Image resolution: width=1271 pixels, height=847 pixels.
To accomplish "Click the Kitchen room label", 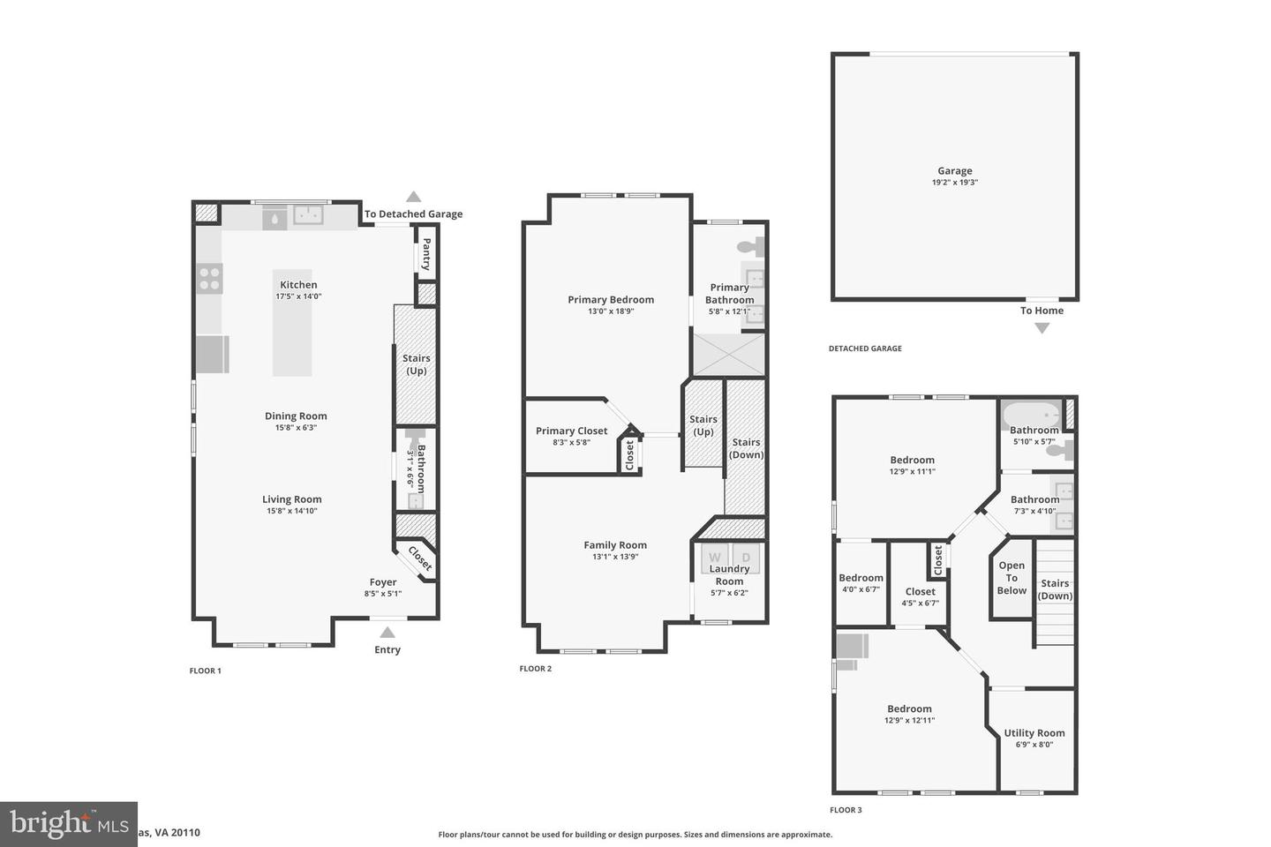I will (298, 285).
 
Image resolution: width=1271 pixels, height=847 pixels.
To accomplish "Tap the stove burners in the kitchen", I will (209, 279).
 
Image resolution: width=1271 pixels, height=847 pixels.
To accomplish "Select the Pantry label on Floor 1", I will (425, 254).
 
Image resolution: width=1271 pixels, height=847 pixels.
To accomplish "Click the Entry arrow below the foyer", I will (387, 632).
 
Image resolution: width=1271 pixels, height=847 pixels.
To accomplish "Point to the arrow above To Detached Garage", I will (413, 197).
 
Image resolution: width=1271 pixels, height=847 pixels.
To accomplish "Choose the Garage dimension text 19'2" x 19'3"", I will (954, 183).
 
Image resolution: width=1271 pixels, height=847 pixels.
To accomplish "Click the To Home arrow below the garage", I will (1042, 328).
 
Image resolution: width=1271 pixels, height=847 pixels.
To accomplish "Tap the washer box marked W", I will (715, 557).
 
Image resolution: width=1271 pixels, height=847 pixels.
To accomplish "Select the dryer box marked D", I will (746, 557).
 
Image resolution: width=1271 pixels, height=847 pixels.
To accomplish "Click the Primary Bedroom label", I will (611, 300).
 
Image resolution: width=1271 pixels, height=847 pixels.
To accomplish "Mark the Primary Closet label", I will (571, 431).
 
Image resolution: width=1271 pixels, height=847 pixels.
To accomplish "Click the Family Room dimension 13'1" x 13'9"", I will (615, 557).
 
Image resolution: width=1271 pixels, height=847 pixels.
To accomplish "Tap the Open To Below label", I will (1012, 578).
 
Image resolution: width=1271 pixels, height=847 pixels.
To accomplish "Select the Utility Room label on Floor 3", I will (1034, 733).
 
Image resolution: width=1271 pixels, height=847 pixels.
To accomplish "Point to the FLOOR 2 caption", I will (535, 669).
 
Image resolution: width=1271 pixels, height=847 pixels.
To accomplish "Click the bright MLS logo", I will (69, 824).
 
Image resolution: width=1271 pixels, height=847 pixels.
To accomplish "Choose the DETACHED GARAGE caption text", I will (865, 349).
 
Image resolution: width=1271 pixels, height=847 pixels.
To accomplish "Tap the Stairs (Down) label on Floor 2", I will (746, 448).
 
